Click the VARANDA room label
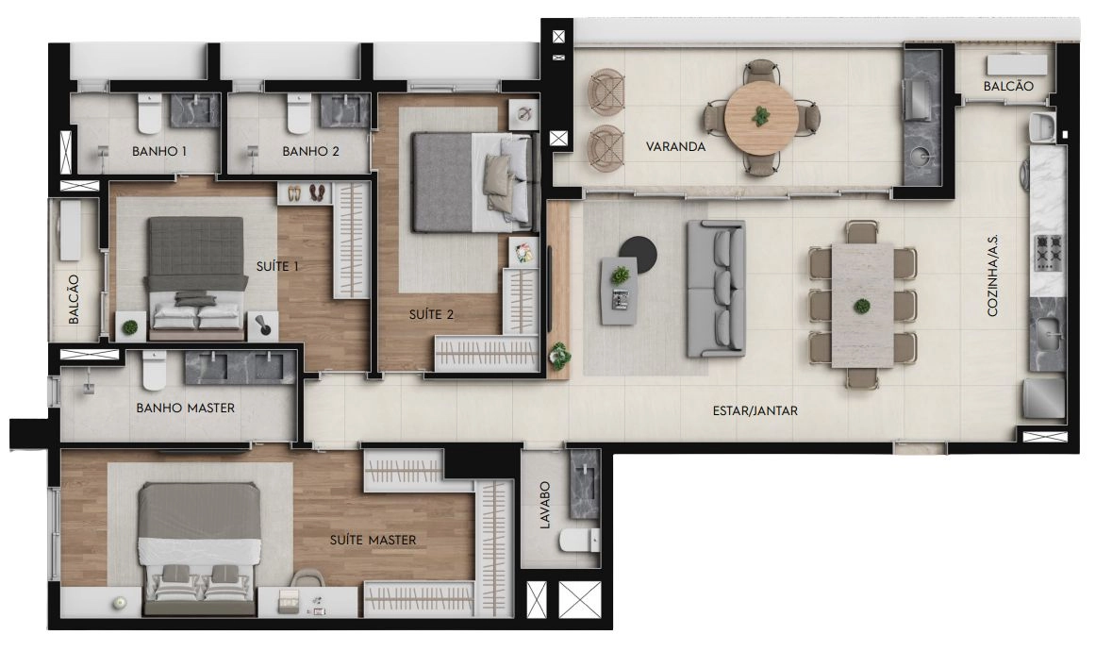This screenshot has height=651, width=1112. pos(675,147)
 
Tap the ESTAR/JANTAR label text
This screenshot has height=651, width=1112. pos(755,410)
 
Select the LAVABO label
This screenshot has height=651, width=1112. pos(544,505)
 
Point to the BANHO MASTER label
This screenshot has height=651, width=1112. pos(185,408)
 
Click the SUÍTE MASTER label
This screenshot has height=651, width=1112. pos(373,540)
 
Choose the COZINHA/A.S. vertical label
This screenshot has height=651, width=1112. pos(992,275)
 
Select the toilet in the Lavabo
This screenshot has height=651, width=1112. pos(579,541)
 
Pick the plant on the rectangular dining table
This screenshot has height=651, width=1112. pos(862,307)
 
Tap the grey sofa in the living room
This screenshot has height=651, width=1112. pos(716,288)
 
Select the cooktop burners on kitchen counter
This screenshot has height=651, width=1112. pos(1048,253)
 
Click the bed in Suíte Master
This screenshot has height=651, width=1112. pos(198,548)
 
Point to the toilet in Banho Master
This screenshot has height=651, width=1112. pos(154,371)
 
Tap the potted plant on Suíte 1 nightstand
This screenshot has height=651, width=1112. pos(130,327)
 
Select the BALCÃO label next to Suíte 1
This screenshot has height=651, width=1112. pos(74,299)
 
